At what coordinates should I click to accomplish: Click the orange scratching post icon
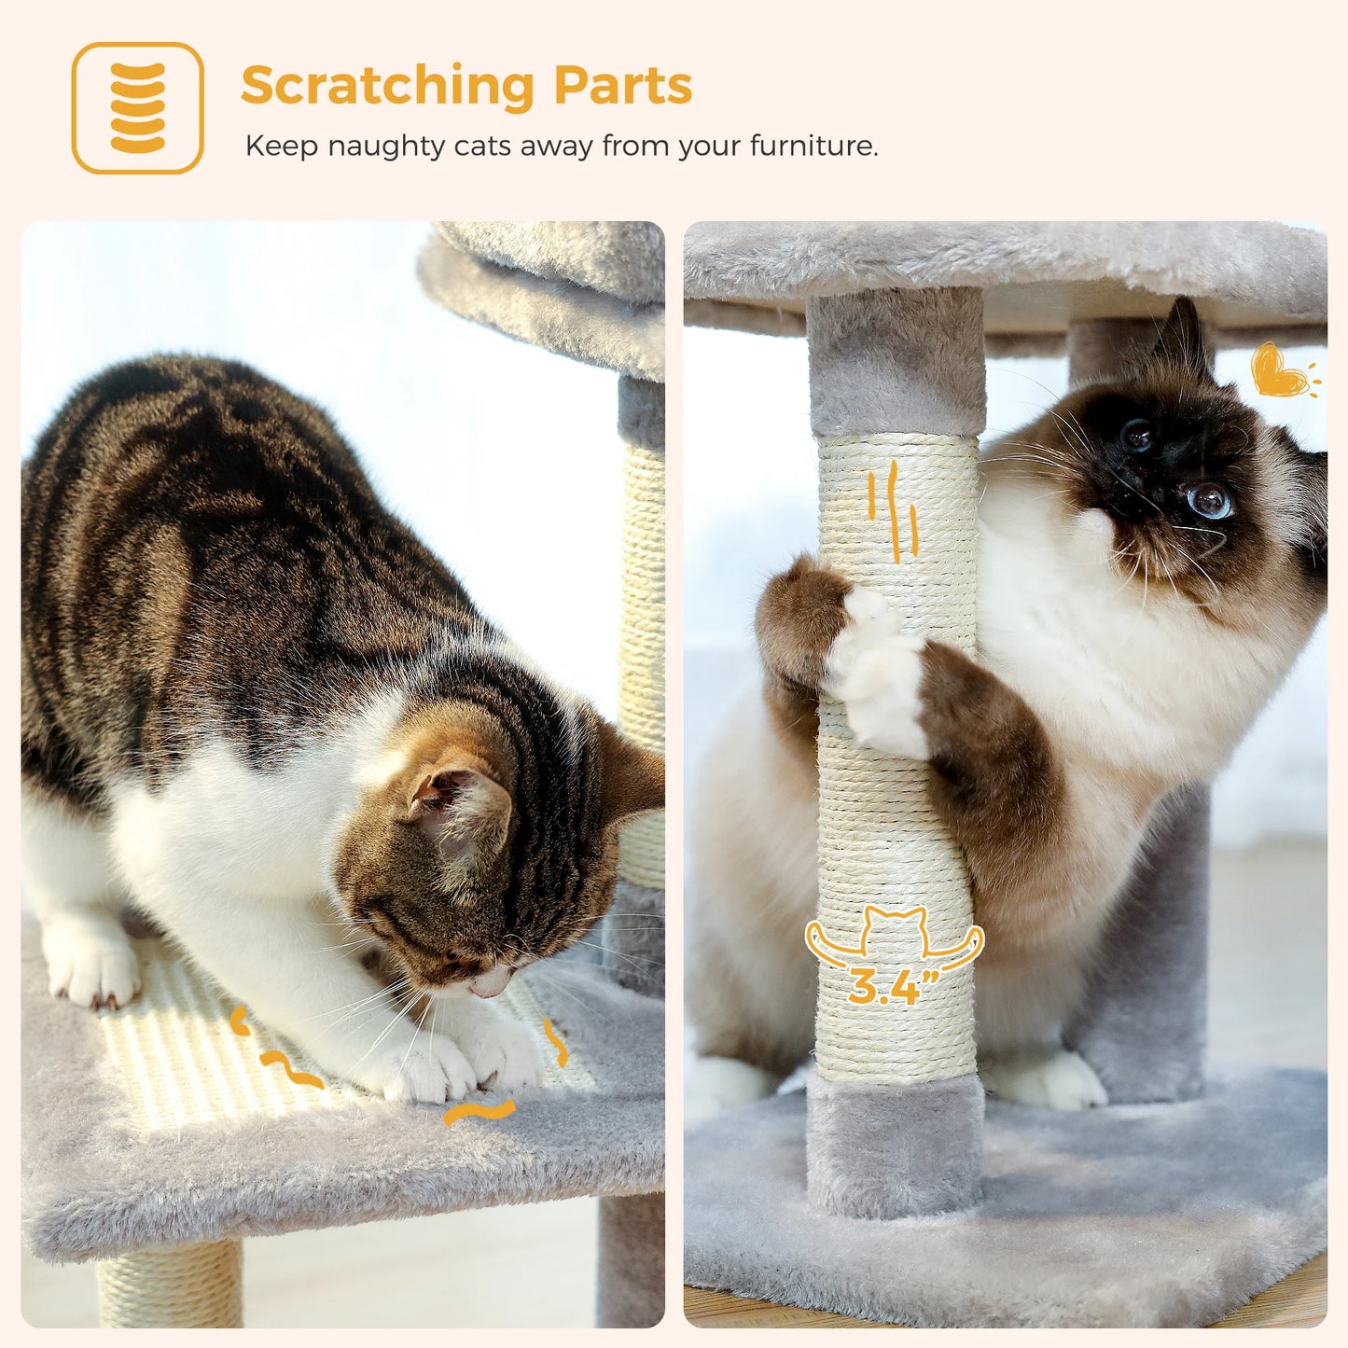point(138,108)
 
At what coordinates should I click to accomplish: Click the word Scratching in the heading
point(387,88)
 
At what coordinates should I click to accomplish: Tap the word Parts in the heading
point(622,86)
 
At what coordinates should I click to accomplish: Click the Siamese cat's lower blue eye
point(1211,502)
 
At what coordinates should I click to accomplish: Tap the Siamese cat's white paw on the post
point(877,672)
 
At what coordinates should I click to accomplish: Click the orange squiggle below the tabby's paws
point(479,1112)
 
